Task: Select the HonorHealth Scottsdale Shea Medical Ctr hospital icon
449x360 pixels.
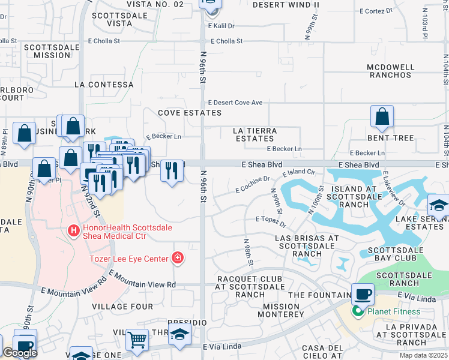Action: [x=74, y=230]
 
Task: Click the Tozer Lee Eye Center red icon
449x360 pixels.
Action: [x=177, y=258]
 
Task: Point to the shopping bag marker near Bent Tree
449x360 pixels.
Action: [x=382, y=117]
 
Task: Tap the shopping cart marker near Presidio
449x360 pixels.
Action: [x=137, y=340]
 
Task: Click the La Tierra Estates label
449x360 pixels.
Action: [x=255, y=134]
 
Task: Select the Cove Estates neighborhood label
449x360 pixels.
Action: [x=190, y=113]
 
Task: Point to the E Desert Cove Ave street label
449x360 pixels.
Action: [x=235, y=103]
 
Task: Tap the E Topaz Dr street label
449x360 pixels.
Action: [x=271, y=220]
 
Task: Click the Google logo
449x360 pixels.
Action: [x=20, y=353]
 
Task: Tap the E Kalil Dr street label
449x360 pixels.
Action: [x=221, y=26]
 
